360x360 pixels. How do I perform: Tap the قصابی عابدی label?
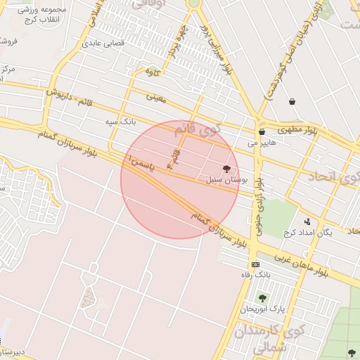pyautogui.click(x=103, y=43)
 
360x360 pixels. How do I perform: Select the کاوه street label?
pyautogui.click(x=153, y=72)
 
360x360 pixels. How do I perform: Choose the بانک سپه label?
pyautogui.click(x=120, y=122)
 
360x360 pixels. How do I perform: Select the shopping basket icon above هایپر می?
pyautogui.click(x=262, y=131)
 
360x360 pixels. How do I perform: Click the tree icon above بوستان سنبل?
pyautogui.click(x=226, y=169)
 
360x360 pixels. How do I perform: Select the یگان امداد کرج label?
pyautogui.click(x=306, y=233)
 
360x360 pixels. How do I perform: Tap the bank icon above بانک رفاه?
pyautogui.click(x=255, y=264)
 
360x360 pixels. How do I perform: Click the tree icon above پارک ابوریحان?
pyautogui.click(x=262, y=299)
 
